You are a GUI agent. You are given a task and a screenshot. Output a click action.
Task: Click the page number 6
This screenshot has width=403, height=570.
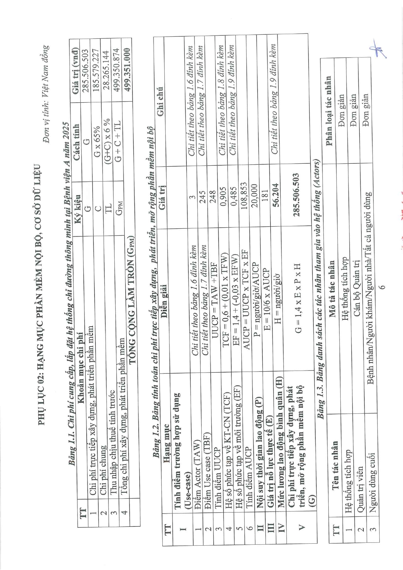[x=383, y=287]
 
